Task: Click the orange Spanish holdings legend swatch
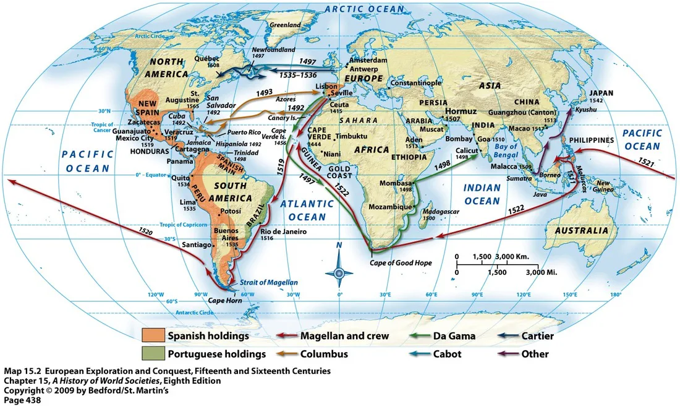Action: click(153, 336)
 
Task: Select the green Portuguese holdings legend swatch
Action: click(153, 354)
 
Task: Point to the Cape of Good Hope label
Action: click(401, 263)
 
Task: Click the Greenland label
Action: click(286, 25)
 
